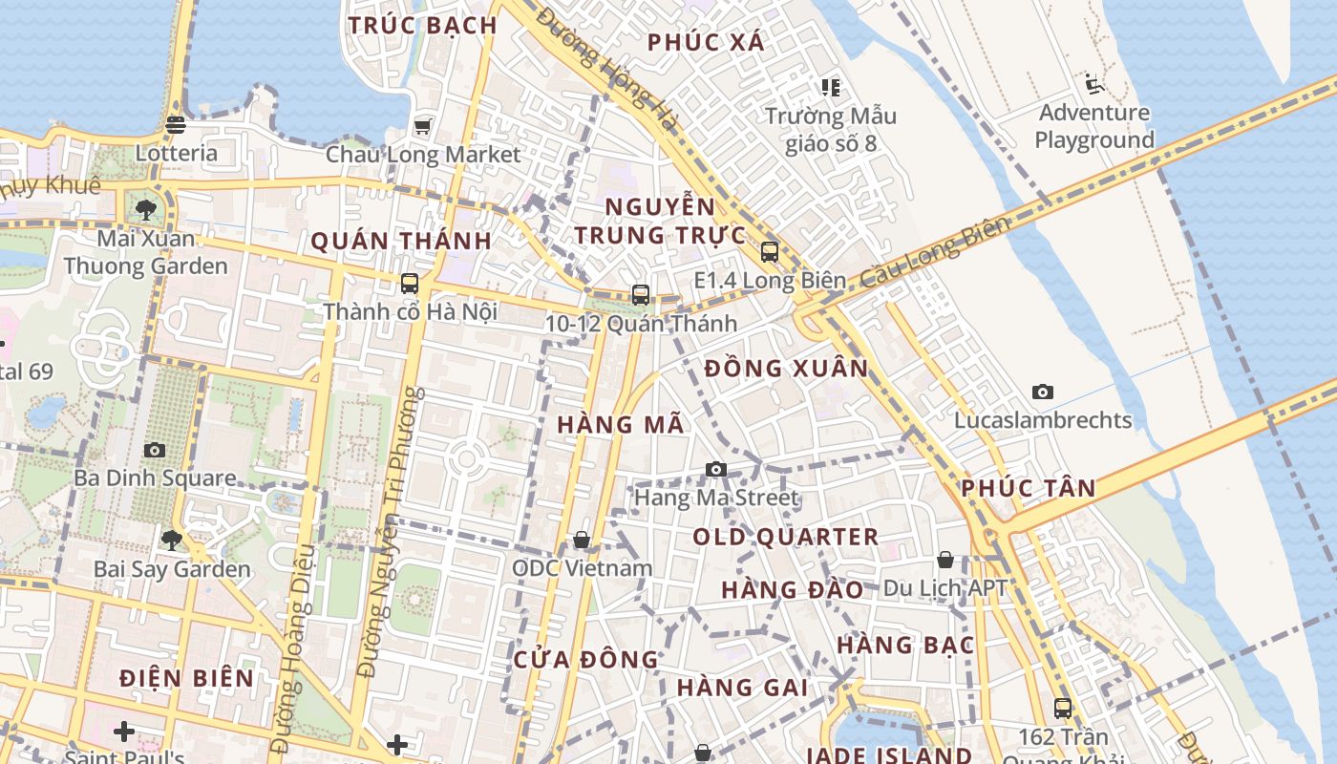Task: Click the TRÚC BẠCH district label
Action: click(422, 26)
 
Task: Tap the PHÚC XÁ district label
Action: click(706, 42)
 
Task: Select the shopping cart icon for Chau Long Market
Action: click(422, 126)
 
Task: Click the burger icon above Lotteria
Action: click(176, 124)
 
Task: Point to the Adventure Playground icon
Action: click(1093, 84)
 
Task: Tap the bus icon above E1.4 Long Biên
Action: click(769, 252)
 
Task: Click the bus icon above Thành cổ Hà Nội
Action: click(410, 284)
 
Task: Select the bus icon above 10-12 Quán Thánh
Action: click(641, 295)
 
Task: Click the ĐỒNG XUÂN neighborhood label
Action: click(787, 369)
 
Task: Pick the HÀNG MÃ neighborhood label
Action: click(621, 425)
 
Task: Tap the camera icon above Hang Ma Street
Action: click(716, 469)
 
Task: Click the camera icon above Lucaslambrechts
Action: click(1043, 392)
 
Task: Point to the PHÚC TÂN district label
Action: click(1029, 489)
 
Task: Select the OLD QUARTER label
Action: click(786, 538)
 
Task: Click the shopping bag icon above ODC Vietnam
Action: click(582, 541)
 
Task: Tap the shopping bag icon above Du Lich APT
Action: click(944, 560)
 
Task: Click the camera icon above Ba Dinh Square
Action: click(155, 450)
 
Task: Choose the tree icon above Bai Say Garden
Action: click(172, 541)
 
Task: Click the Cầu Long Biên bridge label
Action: click(934, 254)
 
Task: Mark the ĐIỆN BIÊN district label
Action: click(187, 679)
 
